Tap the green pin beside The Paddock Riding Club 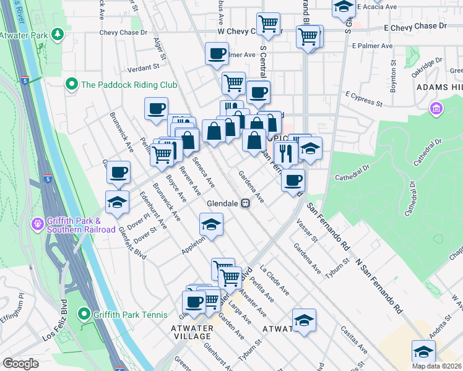71,84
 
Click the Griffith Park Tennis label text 123,314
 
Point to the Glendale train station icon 246,203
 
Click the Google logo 20,364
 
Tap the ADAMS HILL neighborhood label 439,88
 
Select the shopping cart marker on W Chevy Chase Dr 268,24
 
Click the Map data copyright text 435,365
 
